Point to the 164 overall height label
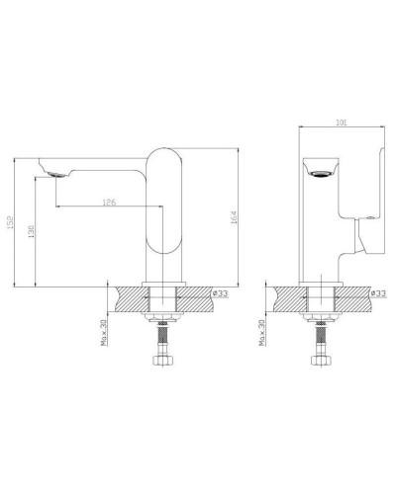click(x=235, y=217)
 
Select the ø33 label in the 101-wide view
click(x=377, y=294)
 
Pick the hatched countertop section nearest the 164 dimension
click(x=195, y=299)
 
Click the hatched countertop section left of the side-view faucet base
click(x=129, y=299)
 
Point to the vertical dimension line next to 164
click(x=243, y=217)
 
